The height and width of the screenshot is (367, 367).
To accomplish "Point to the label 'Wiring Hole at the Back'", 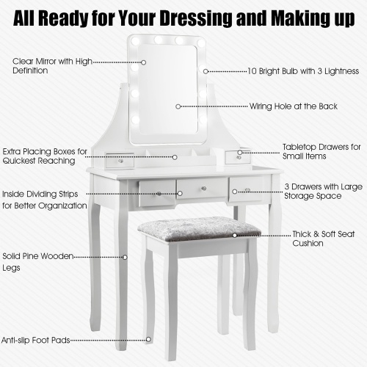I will click(x=294, y=106).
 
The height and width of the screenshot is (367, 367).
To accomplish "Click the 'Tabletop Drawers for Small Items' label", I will click(x=321, y=151).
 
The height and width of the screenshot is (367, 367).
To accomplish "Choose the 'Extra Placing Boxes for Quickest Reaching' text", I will click(x=44, y=156).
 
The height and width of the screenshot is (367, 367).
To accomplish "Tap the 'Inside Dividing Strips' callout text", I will click(x=43, y=199).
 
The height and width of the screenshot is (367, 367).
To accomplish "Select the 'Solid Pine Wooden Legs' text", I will click(x=37, y=262).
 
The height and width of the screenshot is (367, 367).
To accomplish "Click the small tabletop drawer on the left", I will click(x=119, y=159).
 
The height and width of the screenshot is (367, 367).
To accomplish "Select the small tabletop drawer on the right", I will click(x=236, y=156).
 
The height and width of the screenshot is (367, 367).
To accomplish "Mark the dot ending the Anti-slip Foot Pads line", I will click(x=148, y=339).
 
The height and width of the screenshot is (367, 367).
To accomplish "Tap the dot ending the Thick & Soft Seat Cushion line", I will click(x=236, y=236).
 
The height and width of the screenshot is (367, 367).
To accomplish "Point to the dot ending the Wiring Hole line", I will click(x=178, y=106).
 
